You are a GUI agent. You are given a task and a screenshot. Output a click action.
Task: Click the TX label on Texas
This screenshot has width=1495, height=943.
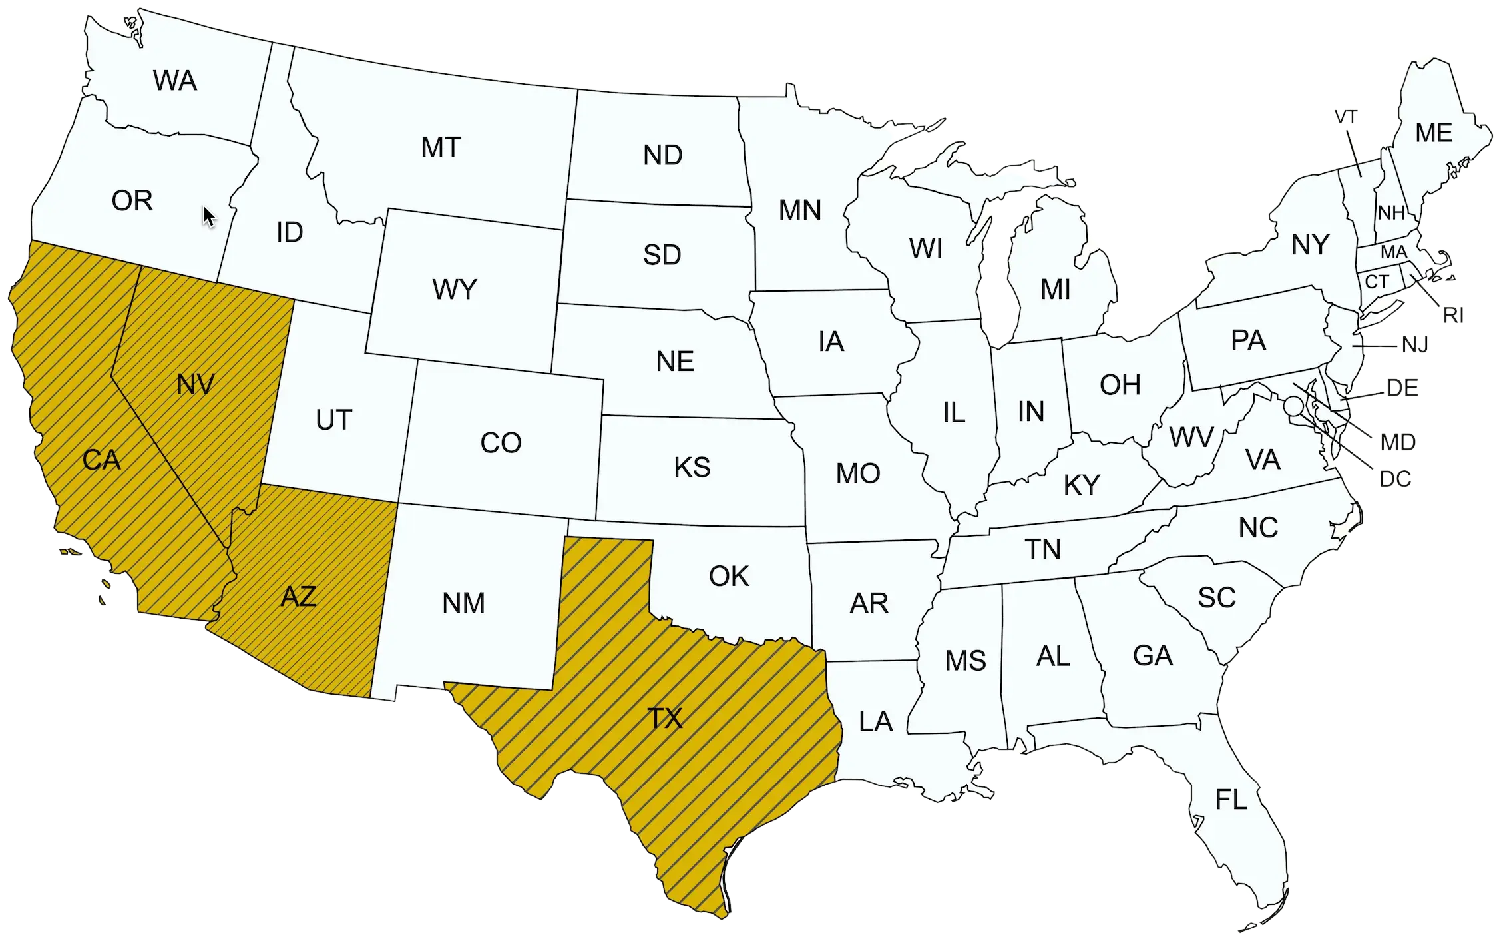pos(665,719)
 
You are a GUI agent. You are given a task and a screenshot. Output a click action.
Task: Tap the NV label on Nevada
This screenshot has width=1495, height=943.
pos(196,384)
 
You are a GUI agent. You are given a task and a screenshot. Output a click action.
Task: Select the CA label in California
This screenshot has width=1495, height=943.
pos(101,460)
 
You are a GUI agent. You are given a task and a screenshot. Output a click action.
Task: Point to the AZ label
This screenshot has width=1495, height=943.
pos(298,597)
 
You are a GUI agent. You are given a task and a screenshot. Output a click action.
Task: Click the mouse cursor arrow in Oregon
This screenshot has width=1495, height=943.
pos(209,216)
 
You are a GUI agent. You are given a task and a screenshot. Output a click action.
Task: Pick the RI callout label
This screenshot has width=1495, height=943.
pos(1453,315)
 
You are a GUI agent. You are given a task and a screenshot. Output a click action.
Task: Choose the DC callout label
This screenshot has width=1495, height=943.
pos(1394,479)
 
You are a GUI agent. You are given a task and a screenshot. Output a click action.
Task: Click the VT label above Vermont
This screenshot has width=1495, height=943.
pos(1345,117)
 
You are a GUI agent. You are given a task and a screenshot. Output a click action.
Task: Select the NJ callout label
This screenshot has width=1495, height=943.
pos(1414,345)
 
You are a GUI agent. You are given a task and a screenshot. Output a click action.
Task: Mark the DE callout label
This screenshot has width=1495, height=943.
pos(1402,388)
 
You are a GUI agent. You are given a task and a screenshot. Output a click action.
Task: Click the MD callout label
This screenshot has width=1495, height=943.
pos(1397,442)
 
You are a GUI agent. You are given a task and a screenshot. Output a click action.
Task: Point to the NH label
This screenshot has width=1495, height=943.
pos(1390,213)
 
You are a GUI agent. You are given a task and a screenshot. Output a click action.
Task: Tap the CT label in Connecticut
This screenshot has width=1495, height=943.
pos(1377,282)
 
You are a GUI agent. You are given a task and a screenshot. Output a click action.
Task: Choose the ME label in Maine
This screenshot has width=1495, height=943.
pos(1434,133)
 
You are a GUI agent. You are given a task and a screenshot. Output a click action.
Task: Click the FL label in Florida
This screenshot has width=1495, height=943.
pos(1231,800)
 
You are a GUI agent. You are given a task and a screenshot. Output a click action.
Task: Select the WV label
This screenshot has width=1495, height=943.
pos(1191,438)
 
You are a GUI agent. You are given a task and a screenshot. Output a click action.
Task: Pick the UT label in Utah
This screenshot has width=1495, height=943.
pos(333,420)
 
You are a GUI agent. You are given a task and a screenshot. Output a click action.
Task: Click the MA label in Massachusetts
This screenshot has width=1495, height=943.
pos(1393,252)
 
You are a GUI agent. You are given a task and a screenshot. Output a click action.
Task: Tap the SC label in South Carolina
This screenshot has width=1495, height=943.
pos(1217,598)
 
